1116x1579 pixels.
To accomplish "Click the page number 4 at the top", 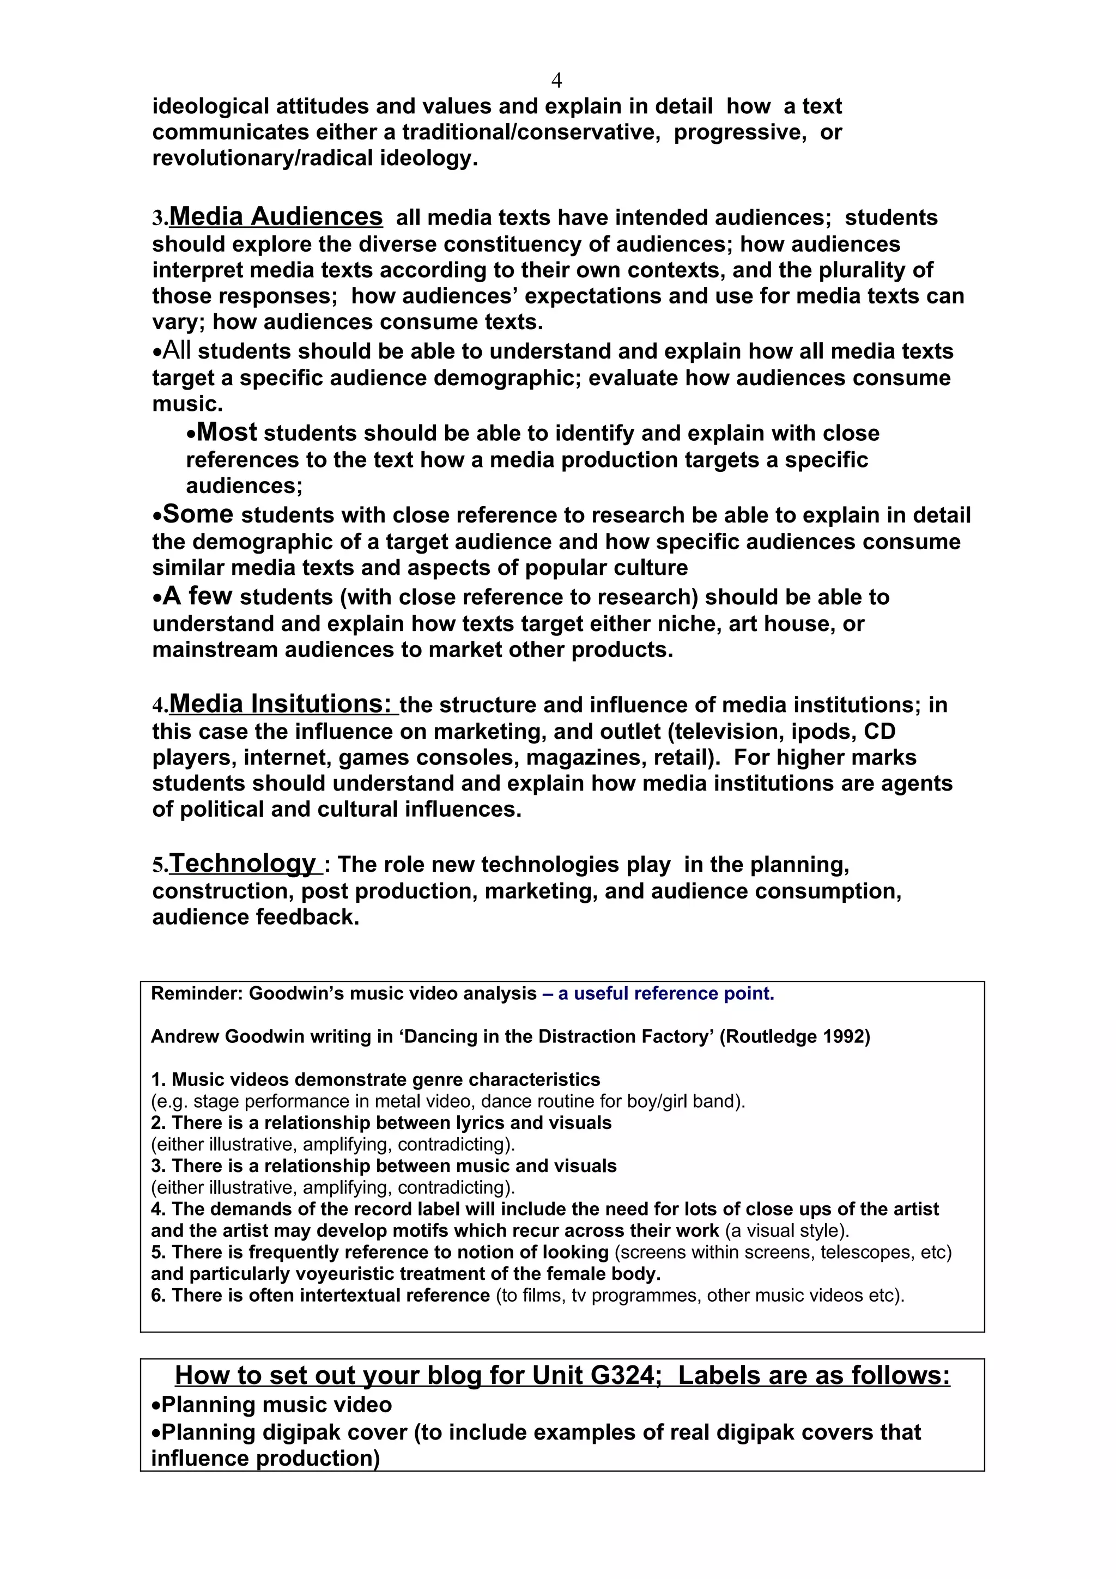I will pos(556,81).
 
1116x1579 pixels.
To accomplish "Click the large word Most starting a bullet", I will pos(227,433).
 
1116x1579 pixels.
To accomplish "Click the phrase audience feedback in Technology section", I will pos(255,917).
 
